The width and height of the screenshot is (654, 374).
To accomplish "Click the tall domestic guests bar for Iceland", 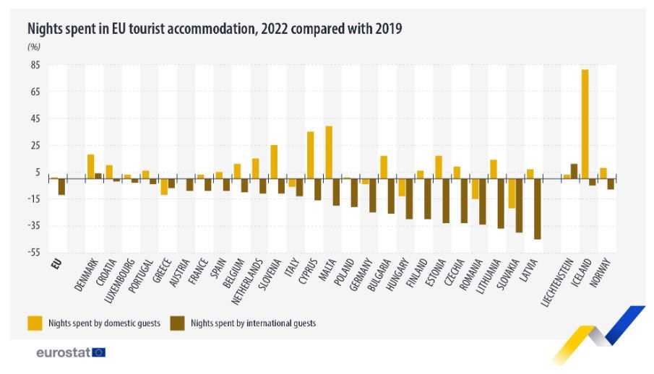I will pyautogui.click(x=585, y=123).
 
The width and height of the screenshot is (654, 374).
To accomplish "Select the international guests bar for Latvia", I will pyautogui.click(x=537, y=209).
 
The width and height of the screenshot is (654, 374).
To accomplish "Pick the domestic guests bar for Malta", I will pyautogui.click(x=329, y=152).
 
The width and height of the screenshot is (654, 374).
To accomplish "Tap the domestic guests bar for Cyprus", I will pyautogui.click(x=311, y=155).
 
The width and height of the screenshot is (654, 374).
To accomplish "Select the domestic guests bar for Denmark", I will pyautogui.click(x=91, y=166).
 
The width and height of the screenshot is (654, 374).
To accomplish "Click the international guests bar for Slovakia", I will pyautogui.click(x=519, y=205).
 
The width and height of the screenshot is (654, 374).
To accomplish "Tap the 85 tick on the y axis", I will pyautogui.click(x=35, y=65).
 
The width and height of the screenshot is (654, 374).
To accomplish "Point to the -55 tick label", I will pyautogui.click(x=34, y=253).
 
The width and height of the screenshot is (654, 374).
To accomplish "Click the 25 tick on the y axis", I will pyautogui.click(x=35, y=145).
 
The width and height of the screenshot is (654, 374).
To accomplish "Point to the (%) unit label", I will pyautogui.click(x=34, y=47).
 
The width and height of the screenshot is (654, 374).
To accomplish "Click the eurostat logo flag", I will pyautogui.click(x=99, y=352).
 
